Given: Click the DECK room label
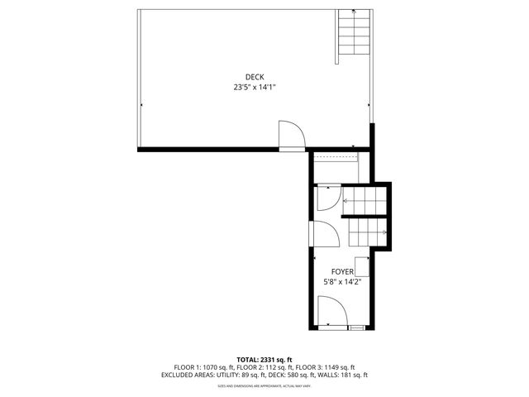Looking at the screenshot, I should point(255,77).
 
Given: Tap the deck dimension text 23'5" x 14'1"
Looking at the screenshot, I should point(255,87).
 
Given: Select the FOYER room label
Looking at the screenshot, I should point(343,271).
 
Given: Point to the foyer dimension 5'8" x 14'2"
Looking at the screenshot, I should point(343,281).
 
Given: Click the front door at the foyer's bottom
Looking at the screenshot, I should point(331,313).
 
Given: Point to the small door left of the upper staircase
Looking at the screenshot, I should point(327,198).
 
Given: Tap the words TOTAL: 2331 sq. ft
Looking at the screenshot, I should point(264,359).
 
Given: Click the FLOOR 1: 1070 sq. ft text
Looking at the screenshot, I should point(203,367).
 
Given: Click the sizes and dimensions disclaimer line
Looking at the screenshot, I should point(264,385).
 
